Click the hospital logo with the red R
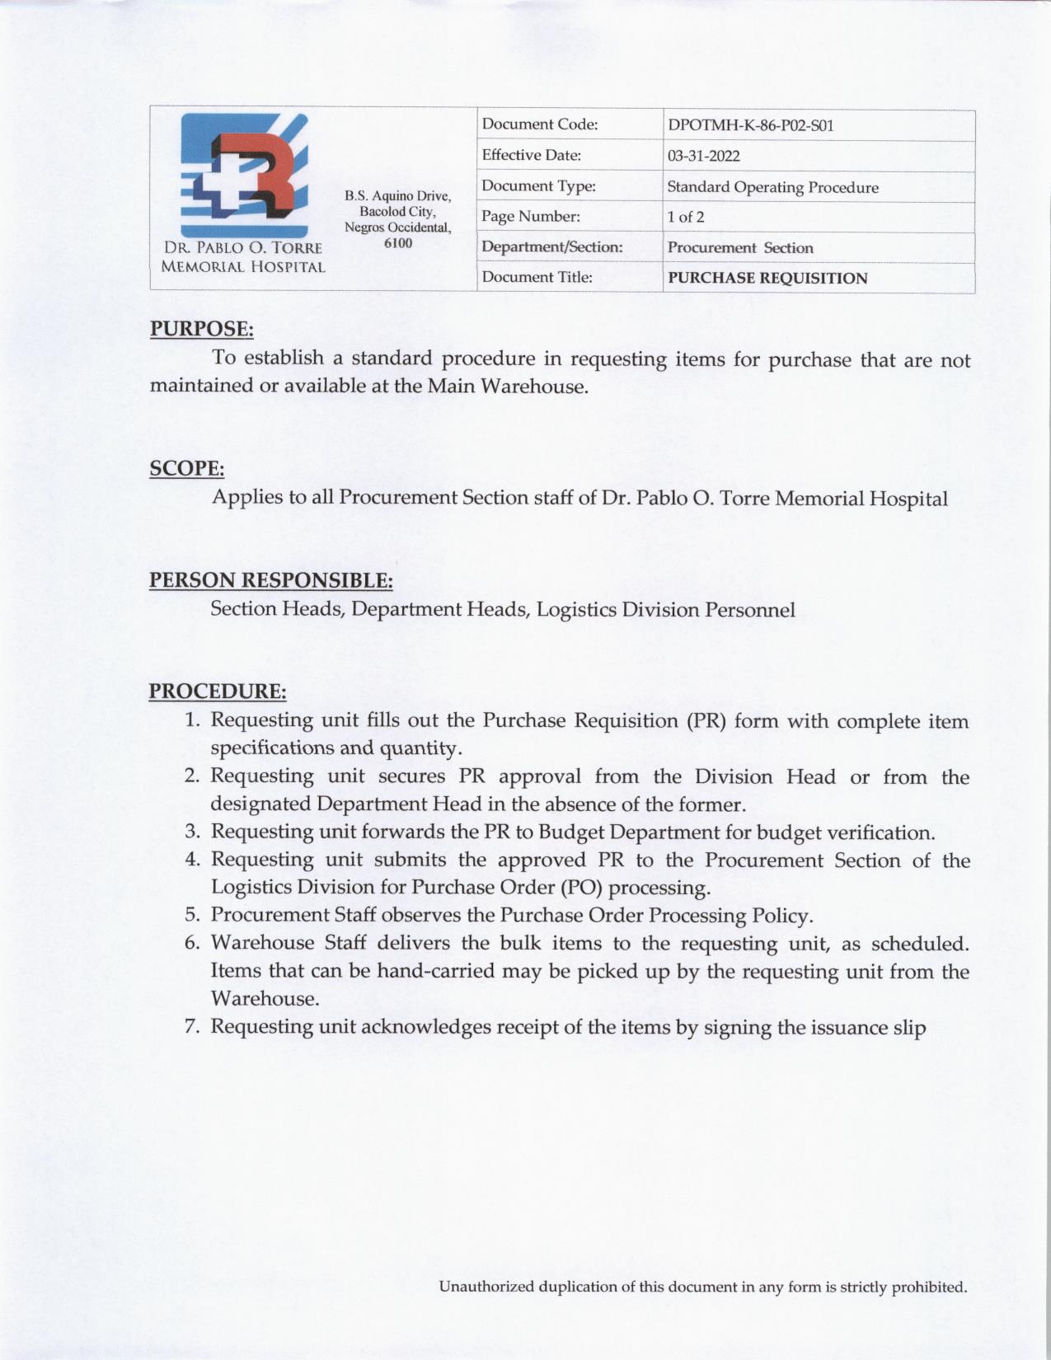244,175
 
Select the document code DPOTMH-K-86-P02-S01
751,126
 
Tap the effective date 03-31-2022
703,157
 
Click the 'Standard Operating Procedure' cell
772,187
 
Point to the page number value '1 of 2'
686,218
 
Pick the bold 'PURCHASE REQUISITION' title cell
767,279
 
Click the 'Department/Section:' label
551,247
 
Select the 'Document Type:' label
538,186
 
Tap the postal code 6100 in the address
398,242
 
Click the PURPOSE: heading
201,329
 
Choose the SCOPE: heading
187,469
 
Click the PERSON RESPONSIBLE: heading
270,580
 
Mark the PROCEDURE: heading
218,691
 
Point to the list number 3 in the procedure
192,832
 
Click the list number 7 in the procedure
192,1027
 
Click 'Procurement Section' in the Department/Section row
740,248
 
